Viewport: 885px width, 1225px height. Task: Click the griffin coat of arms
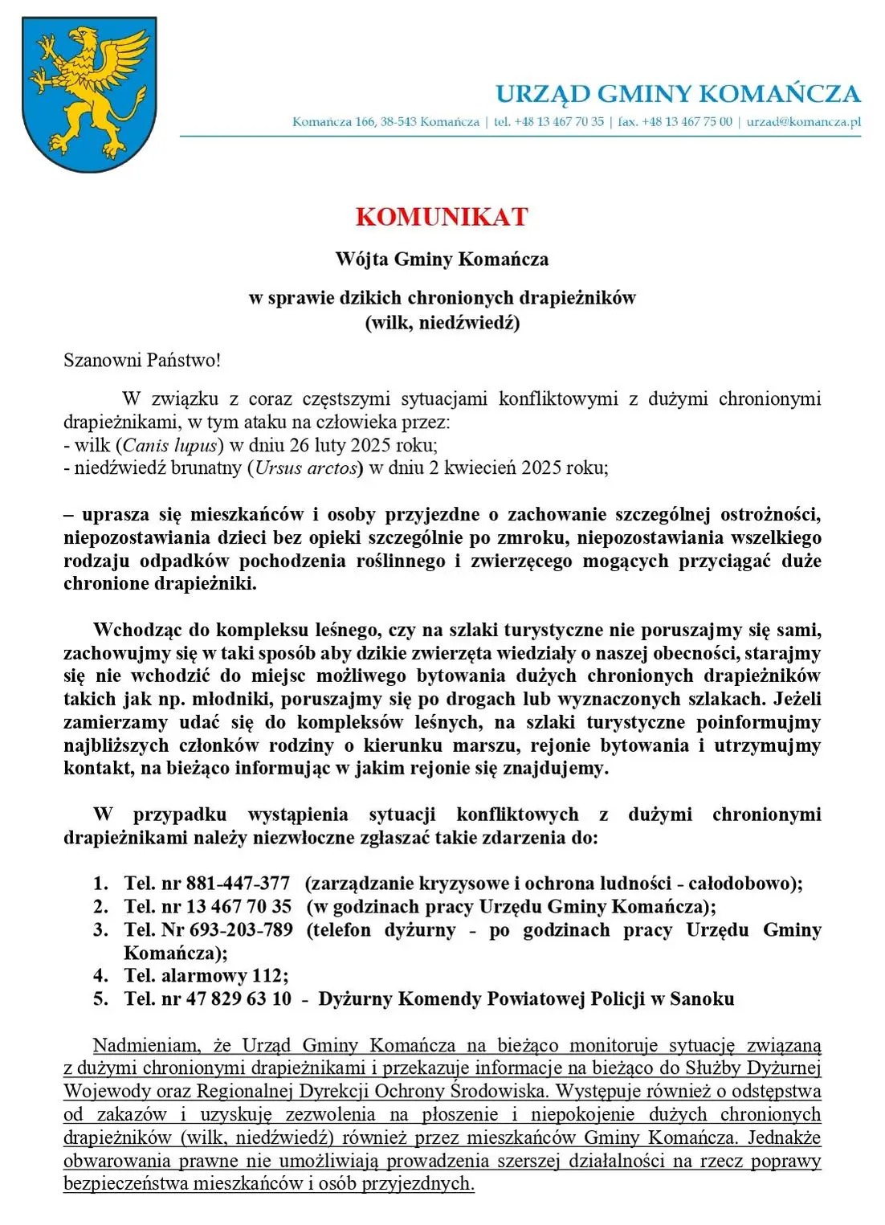click(88, 94)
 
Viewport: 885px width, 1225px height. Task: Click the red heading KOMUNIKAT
click(442, 217)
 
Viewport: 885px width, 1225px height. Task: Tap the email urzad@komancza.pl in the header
click(803, 122)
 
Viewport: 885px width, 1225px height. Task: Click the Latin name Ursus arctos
click(306, 468)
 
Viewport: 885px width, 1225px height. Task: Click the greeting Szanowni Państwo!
click(142, 360)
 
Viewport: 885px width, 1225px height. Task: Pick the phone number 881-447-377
click(238, 884)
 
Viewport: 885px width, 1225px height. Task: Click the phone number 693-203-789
click(241, 930)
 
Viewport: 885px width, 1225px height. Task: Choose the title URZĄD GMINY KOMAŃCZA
click(678, 94)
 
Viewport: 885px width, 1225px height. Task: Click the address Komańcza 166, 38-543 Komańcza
click(385, 122)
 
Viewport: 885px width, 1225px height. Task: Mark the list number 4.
click(100, 976)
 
